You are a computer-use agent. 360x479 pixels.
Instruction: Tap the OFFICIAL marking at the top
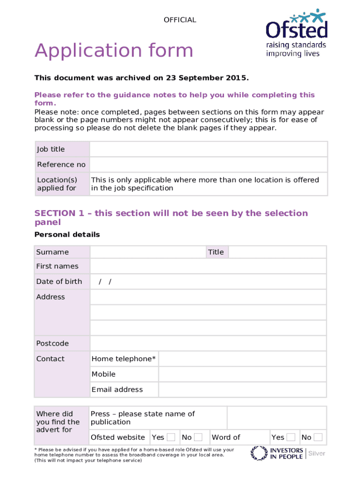pos(180,20)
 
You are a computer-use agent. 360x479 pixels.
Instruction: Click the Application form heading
pos(114,51)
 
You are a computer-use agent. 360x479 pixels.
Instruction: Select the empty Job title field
pos(208,149)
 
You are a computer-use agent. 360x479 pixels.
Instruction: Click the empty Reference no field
pos(208,165)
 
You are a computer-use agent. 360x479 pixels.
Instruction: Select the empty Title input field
pos(277,252)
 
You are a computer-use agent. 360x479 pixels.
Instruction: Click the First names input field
pos(208,266)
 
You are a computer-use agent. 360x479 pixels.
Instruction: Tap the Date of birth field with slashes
pos(208,282)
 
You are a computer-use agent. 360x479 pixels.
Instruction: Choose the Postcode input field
pos(208,343)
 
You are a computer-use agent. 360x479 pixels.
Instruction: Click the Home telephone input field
pos(242,359)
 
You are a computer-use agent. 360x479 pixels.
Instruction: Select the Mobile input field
pos(242,374)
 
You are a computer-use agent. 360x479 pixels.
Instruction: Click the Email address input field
pos(242,390)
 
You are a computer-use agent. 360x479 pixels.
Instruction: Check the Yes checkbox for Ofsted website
pos(171,437)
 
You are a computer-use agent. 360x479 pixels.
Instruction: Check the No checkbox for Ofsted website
pos(198,437)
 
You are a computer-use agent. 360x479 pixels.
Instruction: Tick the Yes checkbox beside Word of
pos(291,437)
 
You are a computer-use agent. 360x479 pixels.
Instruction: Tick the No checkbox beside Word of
pos(318,437)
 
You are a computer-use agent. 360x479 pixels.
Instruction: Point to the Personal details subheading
pos(67,234)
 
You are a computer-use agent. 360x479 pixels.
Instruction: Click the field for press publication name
pos(276,418)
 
